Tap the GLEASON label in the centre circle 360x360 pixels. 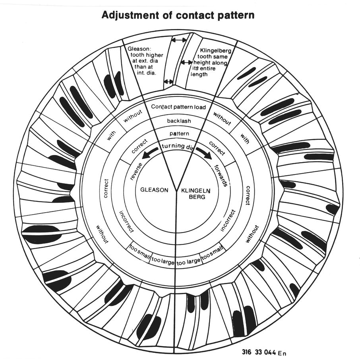click(x=155, y=190)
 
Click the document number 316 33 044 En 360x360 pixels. click(x=264, y=352)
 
